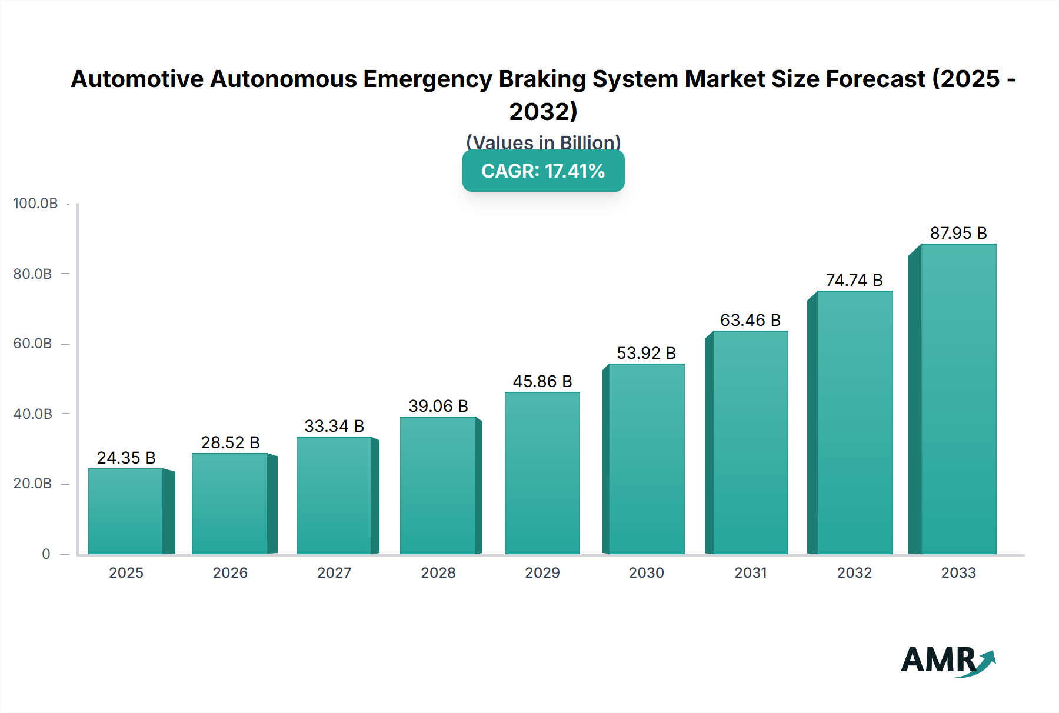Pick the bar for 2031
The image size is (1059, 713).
tap(750, 442)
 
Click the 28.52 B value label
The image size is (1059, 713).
tap(230, 442)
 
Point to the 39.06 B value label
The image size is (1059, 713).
tap(438, 406)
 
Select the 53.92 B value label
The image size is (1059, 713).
tap(646, 353)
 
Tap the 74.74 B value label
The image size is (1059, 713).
tap(854, 280)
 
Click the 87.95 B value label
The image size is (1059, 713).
tap(958, 233)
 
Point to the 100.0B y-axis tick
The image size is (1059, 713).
tap(35, 204)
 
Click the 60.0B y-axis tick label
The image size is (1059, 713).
tap(33, 344)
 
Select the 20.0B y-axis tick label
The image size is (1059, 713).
tap(33, 484)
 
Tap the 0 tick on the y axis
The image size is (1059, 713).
tap(46, 554)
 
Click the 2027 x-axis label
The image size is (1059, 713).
tap(334, 573)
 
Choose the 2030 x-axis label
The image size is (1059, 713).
tap(646, 573)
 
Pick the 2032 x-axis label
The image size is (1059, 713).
tap(854, 573)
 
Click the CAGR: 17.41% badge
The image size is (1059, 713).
tap(543, 171)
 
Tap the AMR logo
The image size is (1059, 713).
tap(947, 661)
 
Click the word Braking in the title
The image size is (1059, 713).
tap(542, 79)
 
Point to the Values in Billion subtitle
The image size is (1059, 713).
tap(543, 142)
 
